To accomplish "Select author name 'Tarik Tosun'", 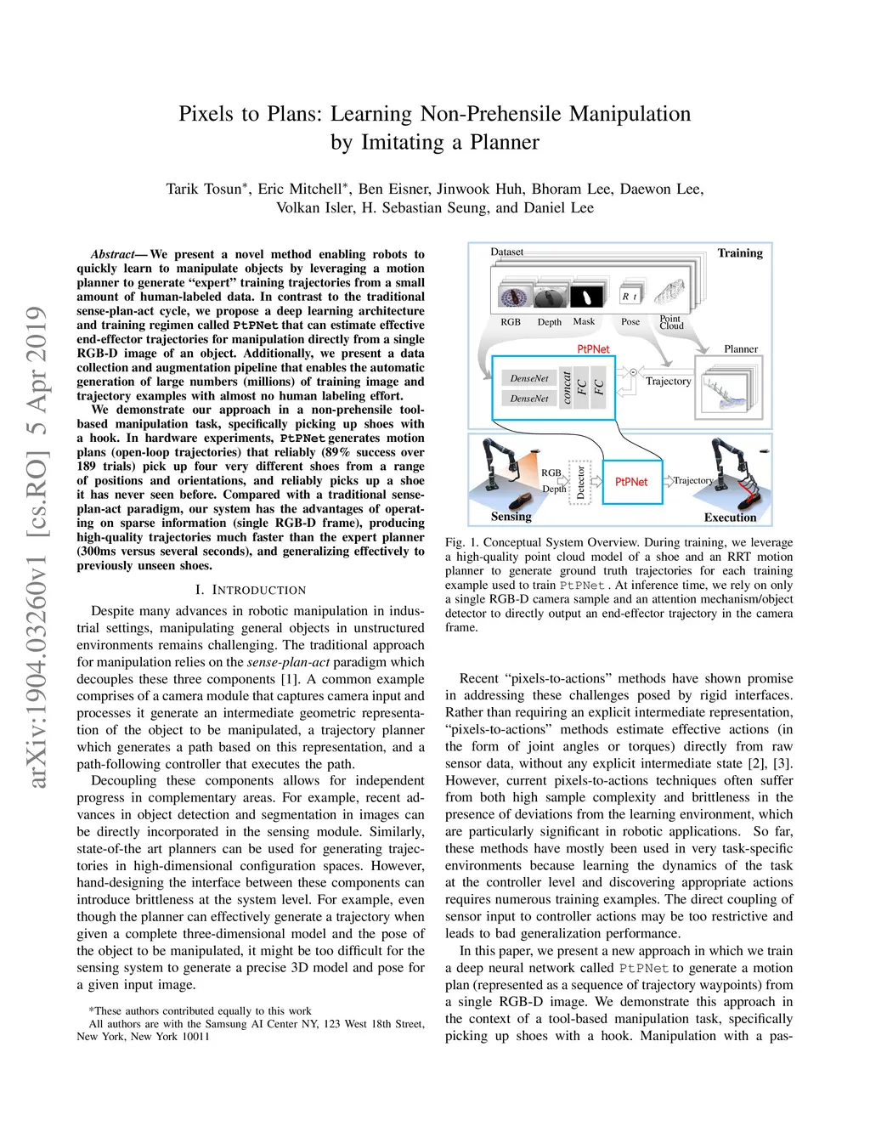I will (x=205, y=189).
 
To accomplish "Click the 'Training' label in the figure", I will (x=740, y=253).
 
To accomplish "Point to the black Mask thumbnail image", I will (x=585, y=297).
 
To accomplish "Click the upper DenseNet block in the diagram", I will (x=529, y=378).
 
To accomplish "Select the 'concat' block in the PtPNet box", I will (x=567, y=388).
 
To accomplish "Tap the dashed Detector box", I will (x=580, y=482).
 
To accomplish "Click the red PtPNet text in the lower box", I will (x=631, y=482).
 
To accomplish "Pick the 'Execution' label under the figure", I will (x=730, y=517).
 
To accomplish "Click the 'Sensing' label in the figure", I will (x=511, y=516).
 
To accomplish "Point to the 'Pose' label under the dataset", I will (x=630, y=322).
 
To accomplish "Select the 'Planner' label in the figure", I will (x=741, y=349).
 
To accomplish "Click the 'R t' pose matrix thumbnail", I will (x=630, y=296).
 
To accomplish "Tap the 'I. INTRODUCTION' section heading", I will (x=251, y=590).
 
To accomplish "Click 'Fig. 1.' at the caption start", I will (x=460, y=542).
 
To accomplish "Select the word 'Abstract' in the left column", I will (x=113, y=254).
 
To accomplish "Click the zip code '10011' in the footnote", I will (x=195, y=1036).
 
